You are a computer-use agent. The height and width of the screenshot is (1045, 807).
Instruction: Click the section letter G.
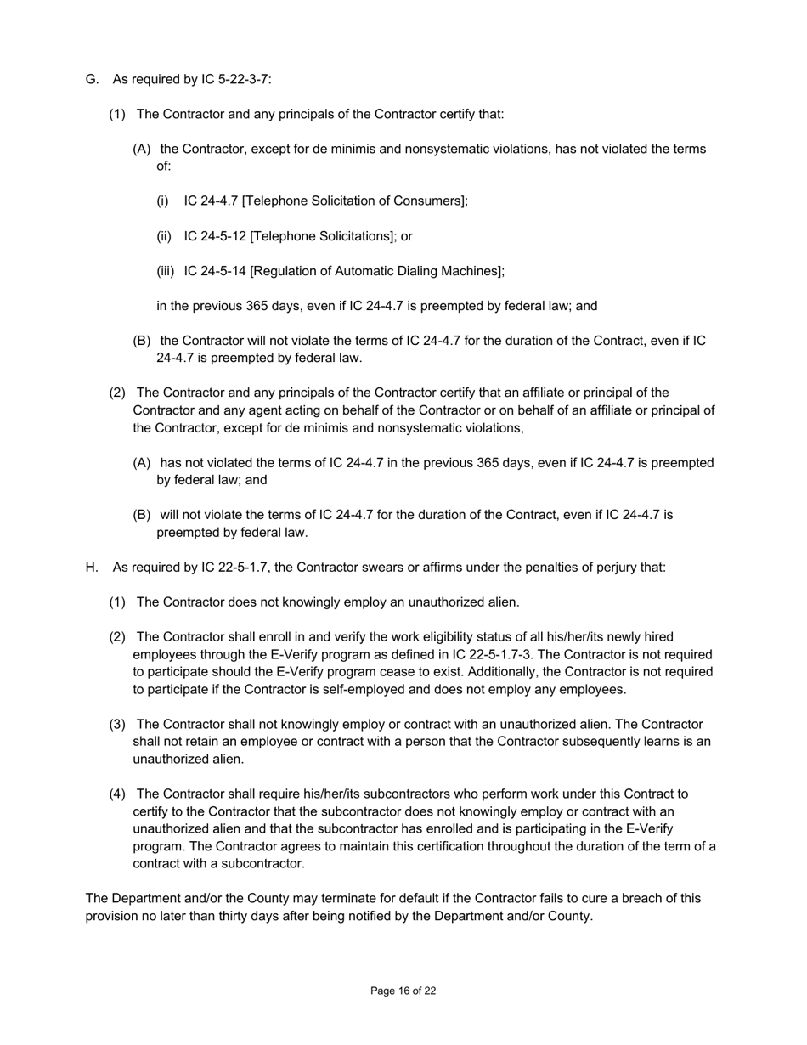[x=92, y=80]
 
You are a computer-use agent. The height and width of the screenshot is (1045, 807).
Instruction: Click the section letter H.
[x=92, y=567]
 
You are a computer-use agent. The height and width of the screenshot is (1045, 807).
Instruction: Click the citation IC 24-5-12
[x=215, y=236]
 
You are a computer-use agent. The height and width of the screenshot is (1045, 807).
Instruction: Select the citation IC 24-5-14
[x=215, y=271]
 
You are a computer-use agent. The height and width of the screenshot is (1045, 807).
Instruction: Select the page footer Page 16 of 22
[x=403, y=991]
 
